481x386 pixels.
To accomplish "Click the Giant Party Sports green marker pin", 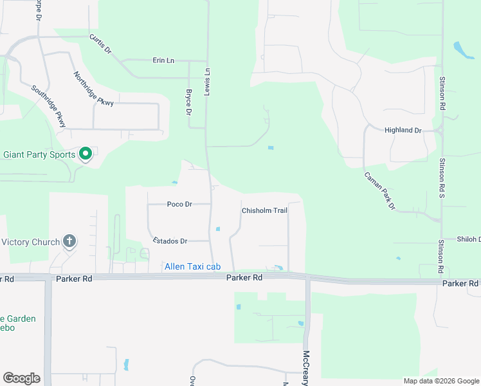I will pyautogui.click(x=85, y=154).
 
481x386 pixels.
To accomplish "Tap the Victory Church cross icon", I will pyautogui.click(x=69, y=242).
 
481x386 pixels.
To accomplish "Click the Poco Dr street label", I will pyautogui.click(x=179, y=204).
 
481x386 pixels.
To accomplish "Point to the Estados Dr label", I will pyautogui.click(x=170, y=241).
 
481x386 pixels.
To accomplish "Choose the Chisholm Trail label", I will pyautogui.click(x=264, y=210).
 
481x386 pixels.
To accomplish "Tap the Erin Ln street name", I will pyautogui.click(x=163, y=60).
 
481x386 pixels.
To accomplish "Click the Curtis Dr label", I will pyautogui.click(x=101, y=44).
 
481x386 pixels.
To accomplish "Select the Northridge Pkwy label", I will pyautogui.click(x=93, y=88).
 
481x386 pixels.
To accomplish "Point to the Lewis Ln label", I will pyautogui.click(x=208, y=80).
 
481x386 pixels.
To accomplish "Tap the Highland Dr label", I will pyautogui.click(x=403, y=130).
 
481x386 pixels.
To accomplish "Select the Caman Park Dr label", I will pyautogui.click(x=379, y=191).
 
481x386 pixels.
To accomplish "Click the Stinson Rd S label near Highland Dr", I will pyautogui.click(x=442, y=174).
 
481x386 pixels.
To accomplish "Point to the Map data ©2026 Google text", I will pyautogui.click(x=440, y=381).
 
